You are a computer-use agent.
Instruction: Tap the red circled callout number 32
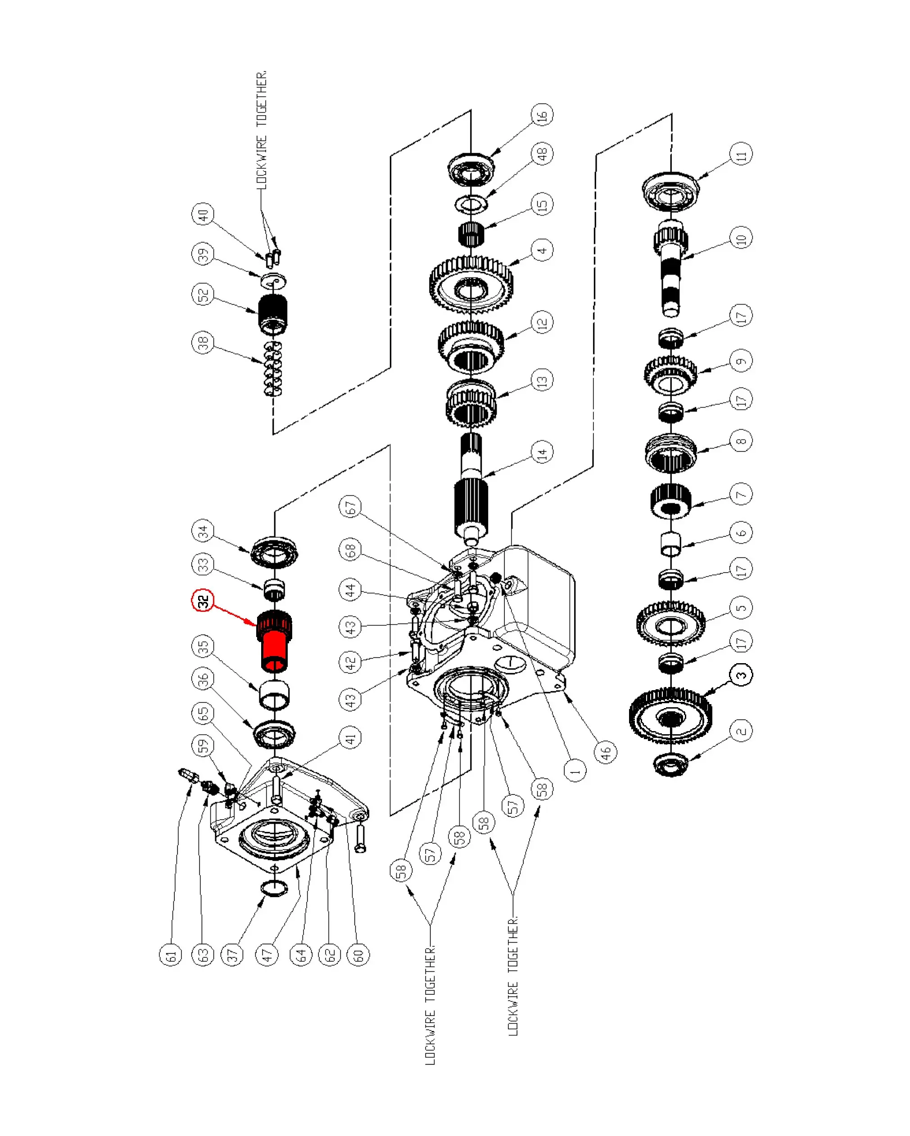pos(203,600)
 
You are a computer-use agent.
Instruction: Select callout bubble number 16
pos(542,115)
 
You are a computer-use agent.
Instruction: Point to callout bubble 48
pos(542,154)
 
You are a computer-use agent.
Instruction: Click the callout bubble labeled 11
pos(741,154)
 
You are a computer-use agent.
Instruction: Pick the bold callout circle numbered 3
pos(741,674)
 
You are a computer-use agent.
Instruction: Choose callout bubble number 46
pos(606,751)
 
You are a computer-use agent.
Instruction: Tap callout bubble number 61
pos(170,955)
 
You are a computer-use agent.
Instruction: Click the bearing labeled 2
pos(670,763)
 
